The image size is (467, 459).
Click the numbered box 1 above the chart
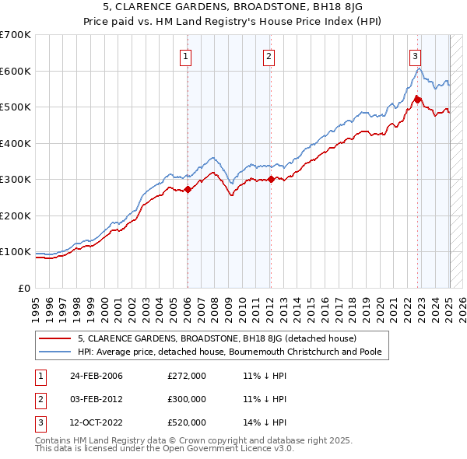point(188,55)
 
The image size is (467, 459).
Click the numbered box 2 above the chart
point(269,55)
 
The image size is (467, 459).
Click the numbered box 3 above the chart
point(416,55)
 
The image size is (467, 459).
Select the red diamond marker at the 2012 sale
point(270,179)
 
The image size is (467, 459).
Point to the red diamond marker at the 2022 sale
point(417,100)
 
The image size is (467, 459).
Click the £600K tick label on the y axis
point(16,71)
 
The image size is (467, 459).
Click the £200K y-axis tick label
point(16,215)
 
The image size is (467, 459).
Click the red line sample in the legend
point(56,338)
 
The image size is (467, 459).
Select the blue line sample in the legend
point(56,352)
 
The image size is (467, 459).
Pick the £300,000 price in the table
point(187,400)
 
